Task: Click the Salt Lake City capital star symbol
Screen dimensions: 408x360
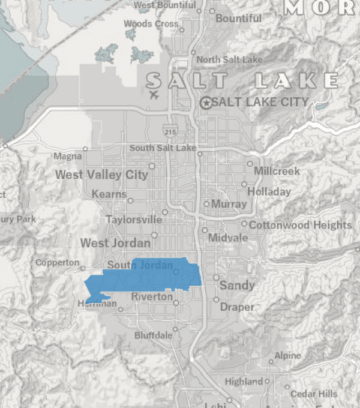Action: click(x=206, y=103)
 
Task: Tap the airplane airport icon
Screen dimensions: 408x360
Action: click(x=154, y=95)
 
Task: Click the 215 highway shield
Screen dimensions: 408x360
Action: click(x=170, y=130)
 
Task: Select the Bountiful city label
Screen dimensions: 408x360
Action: click(x=238, y=19)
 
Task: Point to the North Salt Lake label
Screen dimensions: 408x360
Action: click(x=229, y=59)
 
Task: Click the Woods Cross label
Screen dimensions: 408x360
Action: click(x=151, y=24)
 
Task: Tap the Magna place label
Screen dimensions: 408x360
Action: click(x=67, y=157)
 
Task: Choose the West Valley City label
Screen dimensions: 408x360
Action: click(x=101, y=175)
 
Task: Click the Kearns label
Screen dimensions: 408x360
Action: click(x=109, y=194)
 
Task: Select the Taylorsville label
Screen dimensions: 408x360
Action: click(x=134, y=220)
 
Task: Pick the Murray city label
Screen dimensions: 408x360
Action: click(x=229, y=204)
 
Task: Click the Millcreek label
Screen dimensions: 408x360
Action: click(x=277, y=171)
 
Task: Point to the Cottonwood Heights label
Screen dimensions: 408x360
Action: click(x=300, y=225)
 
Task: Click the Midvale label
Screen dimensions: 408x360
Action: click(x=227, y=238)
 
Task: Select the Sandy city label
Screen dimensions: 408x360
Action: click(x=237, y=285)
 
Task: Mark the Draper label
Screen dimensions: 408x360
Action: click(x=237, y=307)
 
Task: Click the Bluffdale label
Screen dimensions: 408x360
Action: click(x=153, y=335)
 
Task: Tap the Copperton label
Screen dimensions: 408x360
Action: click(x=57, y=263)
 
